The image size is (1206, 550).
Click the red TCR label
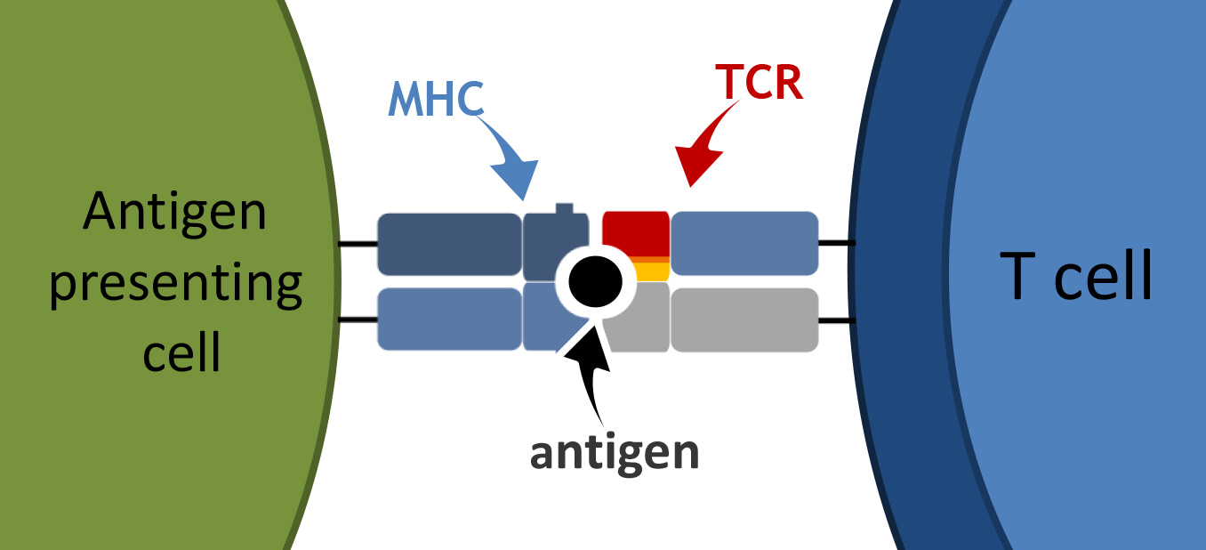759,84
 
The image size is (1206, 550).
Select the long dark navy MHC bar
449,244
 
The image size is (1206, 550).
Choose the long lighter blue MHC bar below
449,319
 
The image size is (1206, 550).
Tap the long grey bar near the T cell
744,319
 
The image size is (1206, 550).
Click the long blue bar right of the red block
744,243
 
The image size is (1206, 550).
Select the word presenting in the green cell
175,284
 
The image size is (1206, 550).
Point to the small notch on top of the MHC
564,209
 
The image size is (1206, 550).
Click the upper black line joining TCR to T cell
836,242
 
